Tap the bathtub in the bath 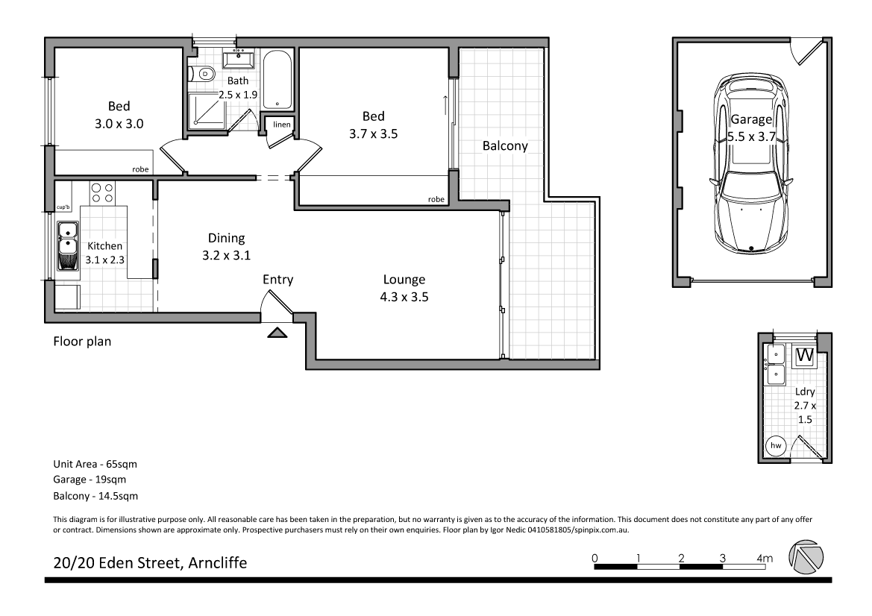coord(277,81)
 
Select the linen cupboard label coord(281,124)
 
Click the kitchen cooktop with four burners coord(102,193)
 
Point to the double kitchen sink coord(68,244)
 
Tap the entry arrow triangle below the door coord(277,333)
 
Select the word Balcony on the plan coord(504,146)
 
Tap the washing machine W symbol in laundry coord(803,356)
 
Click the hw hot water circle coord(776,445)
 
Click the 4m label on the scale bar coord(765,557)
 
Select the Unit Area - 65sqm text coord(95,464)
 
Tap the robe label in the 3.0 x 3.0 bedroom coord(140,169)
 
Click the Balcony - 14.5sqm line coord(95,495)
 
